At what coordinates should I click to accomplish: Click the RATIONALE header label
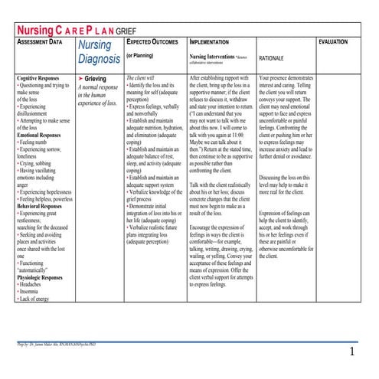coord(276,57)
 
